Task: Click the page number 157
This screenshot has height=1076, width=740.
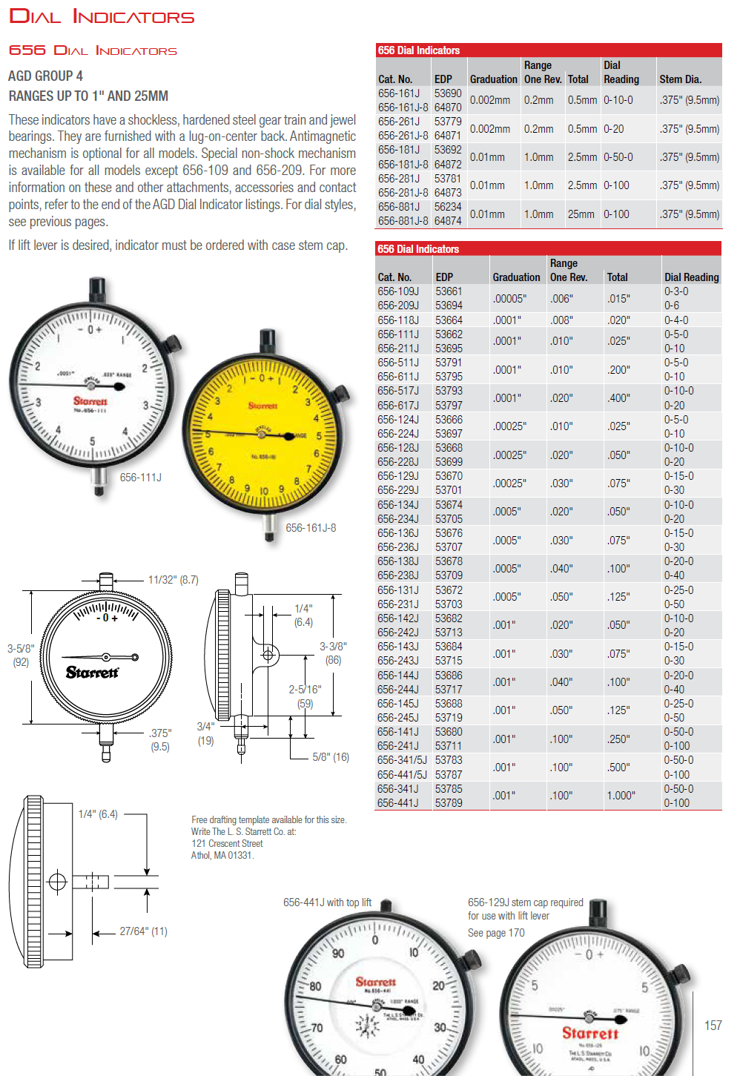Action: click(713, 1025)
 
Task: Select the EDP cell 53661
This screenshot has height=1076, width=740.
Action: click(449, 291)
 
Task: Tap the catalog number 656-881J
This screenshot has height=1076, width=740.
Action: click(399, 207)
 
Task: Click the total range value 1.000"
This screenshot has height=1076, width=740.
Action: click(621, 796)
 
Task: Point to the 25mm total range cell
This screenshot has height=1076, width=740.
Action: click(581, 214)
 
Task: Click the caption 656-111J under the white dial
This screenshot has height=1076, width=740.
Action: click(140, 478)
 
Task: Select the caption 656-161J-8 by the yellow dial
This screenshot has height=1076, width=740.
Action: click(311, 528)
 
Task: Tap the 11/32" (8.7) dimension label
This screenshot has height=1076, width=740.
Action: click(174, 580)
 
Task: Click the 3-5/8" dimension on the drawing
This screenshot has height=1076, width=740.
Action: click(21, 648)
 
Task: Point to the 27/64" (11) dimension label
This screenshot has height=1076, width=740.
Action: click(143, 931)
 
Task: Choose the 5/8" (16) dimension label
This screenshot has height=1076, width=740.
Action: click(331, 757)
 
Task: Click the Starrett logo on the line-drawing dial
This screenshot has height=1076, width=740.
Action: click(92, 673)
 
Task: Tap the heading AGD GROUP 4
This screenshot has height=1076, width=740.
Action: click(45, 76)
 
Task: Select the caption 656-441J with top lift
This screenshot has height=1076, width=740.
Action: click(327, 902)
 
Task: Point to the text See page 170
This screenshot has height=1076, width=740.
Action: click(495, 933)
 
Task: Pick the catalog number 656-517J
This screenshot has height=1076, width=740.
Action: click(398, 391)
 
